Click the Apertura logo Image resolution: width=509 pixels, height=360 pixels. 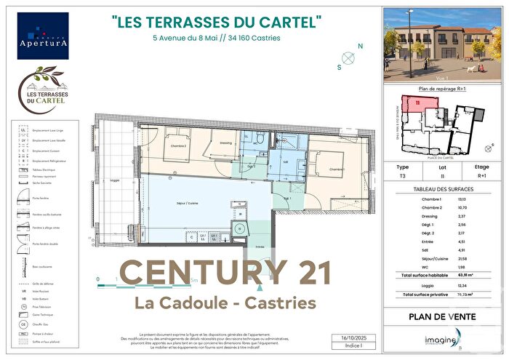(x=43, y=36)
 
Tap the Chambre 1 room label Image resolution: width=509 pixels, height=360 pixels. (x=335, y=169)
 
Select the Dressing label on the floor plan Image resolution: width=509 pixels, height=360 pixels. (x=226, y=143)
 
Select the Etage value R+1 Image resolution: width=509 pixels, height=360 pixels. (x=482, y=175)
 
